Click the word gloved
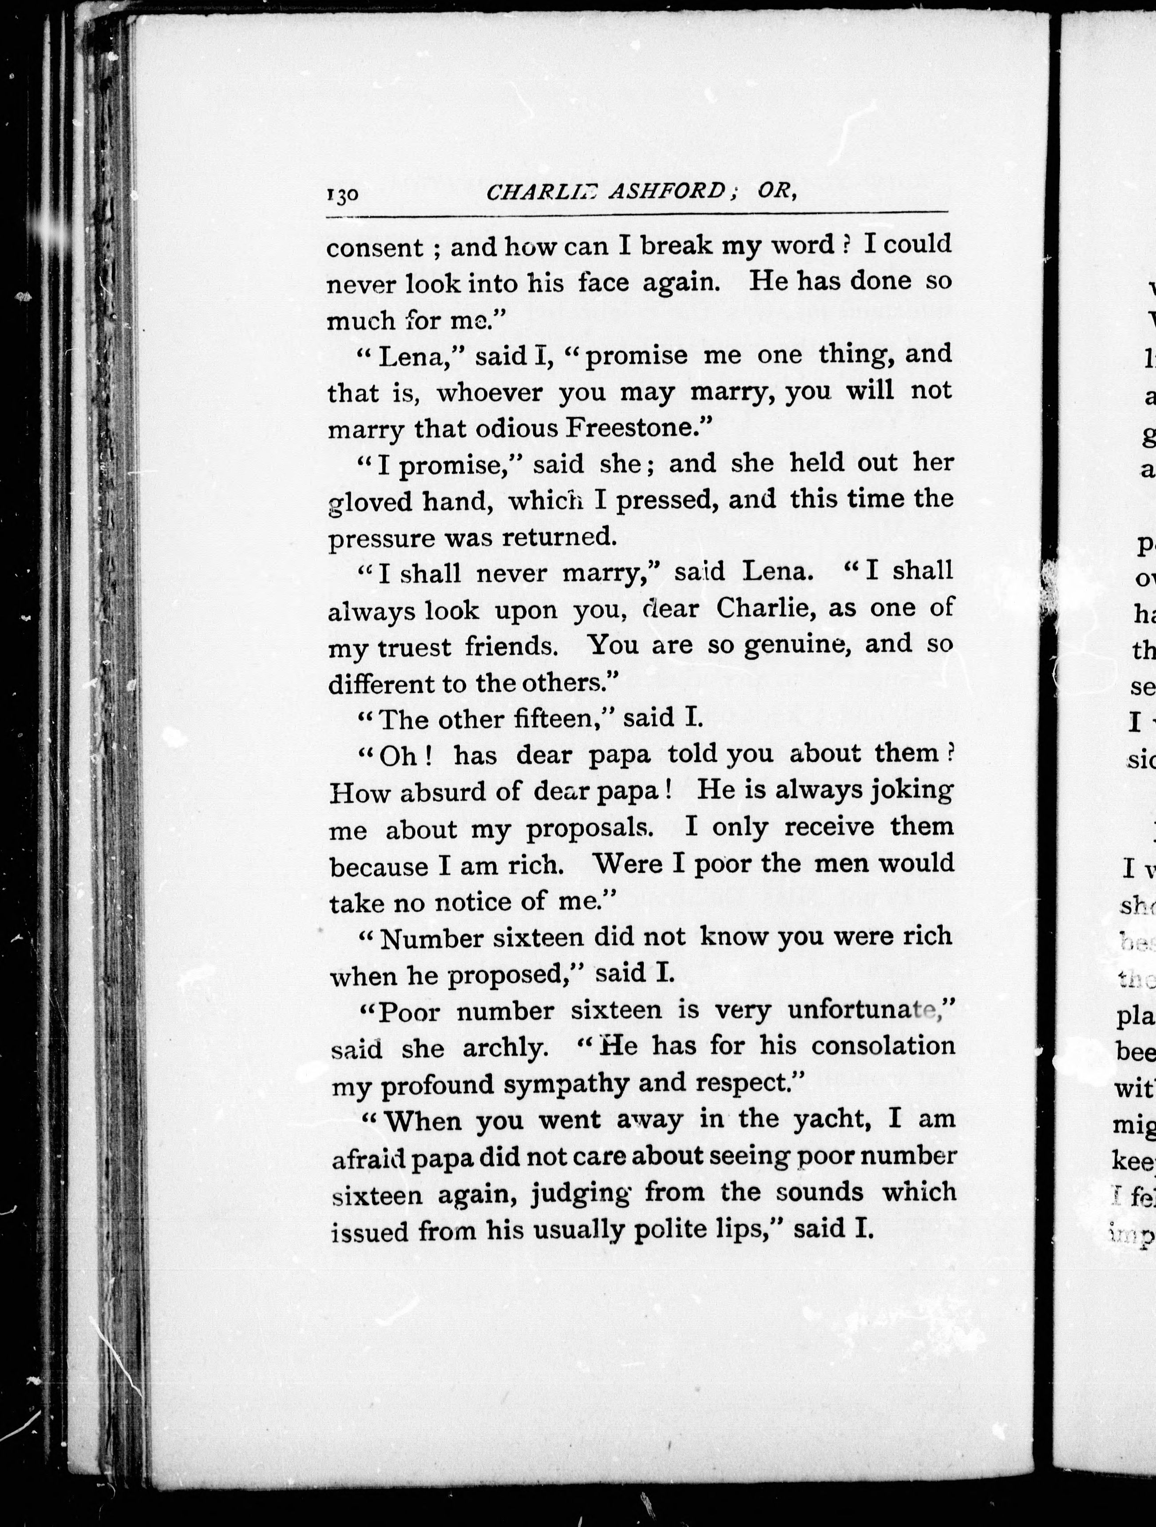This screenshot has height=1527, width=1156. pos(368,502)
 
